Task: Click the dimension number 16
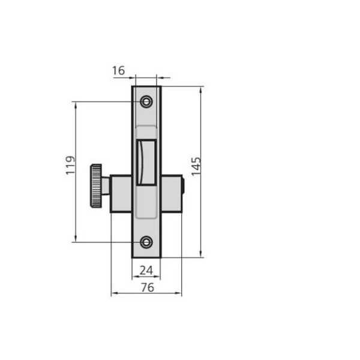coord(118,70)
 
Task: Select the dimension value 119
coord(70,166)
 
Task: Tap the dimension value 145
coord(196,167)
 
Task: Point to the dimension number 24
coord(146,271)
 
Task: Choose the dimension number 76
coord(148,287)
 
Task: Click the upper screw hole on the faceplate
coord(146,101)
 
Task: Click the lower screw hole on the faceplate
coord(146,242)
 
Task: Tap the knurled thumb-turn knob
coord(96,186)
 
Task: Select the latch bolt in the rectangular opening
coord(146,163)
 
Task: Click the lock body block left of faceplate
coord(121,194)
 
